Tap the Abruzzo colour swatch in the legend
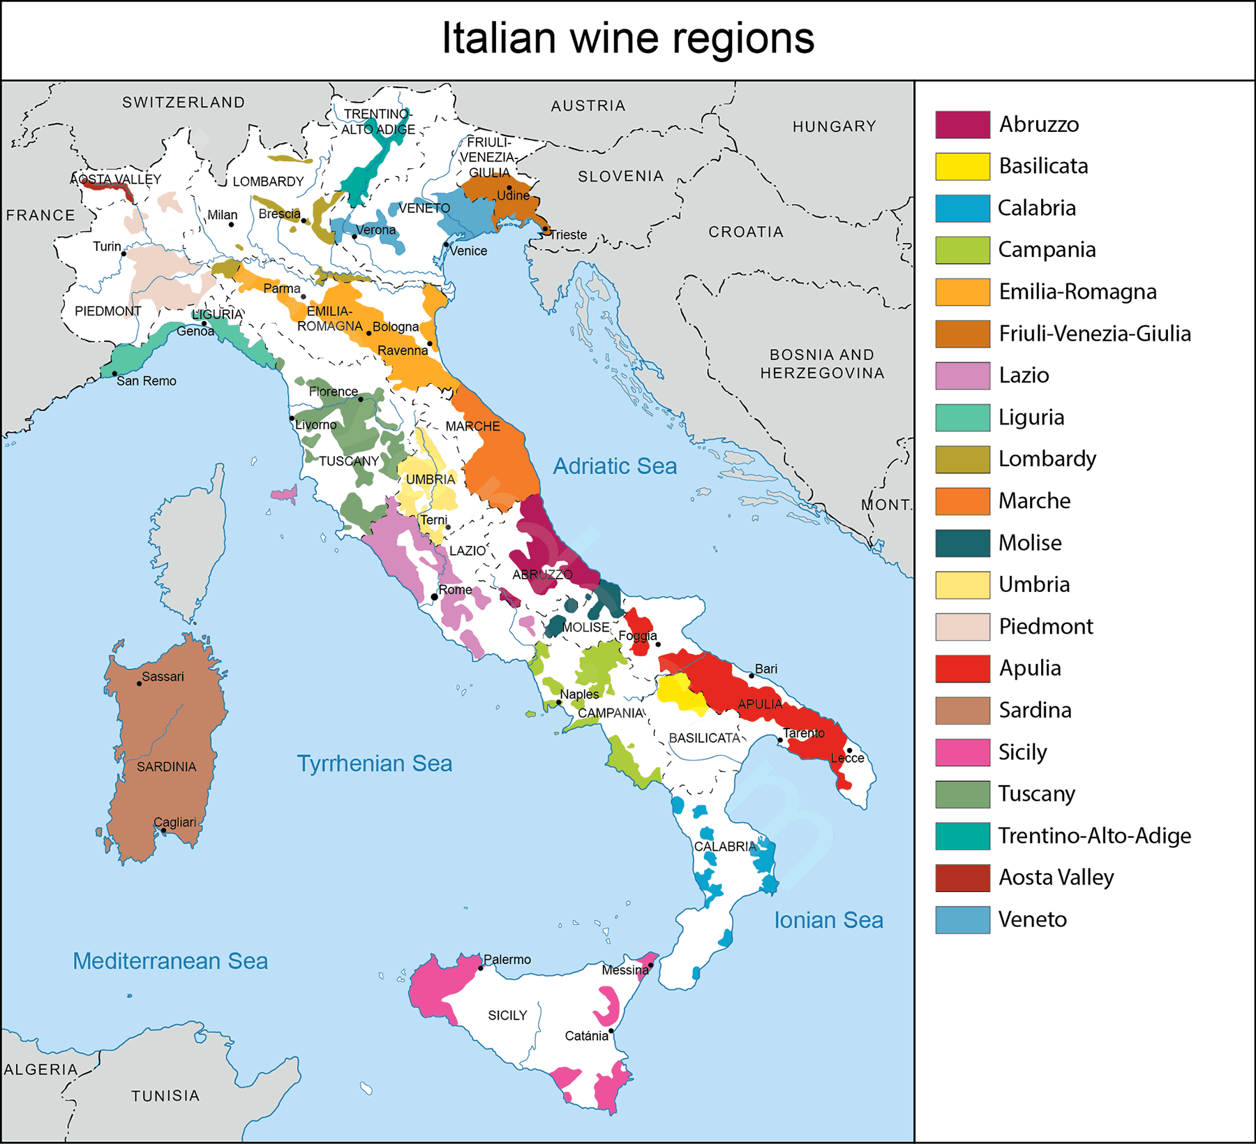pos(962,124)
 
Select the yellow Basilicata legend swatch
pos(962,166)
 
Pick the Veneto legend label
pos(1032,919)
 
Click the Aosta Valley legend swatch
pos(962,877)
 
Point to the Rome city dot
pos(434,597)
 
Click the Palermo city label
pos(507,960)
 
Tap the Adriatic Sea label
pos(615,466)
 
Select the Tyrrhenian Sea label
pos(375,763)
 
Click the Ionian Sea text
pos(828,920)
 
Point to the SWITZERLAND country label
pos(184,103)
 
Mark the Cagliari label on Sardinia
pos(174,822)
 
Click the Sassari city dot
pos(139,683)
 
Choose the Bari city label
pos(766,669)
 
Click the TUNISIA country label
pos(165,1096)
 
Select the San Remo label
pos(147,381)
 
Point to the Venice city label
pos(468,251)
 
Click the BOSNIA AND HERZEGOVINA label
pos(822,364)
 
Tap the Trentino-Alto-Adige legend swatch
pos(962,835)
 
